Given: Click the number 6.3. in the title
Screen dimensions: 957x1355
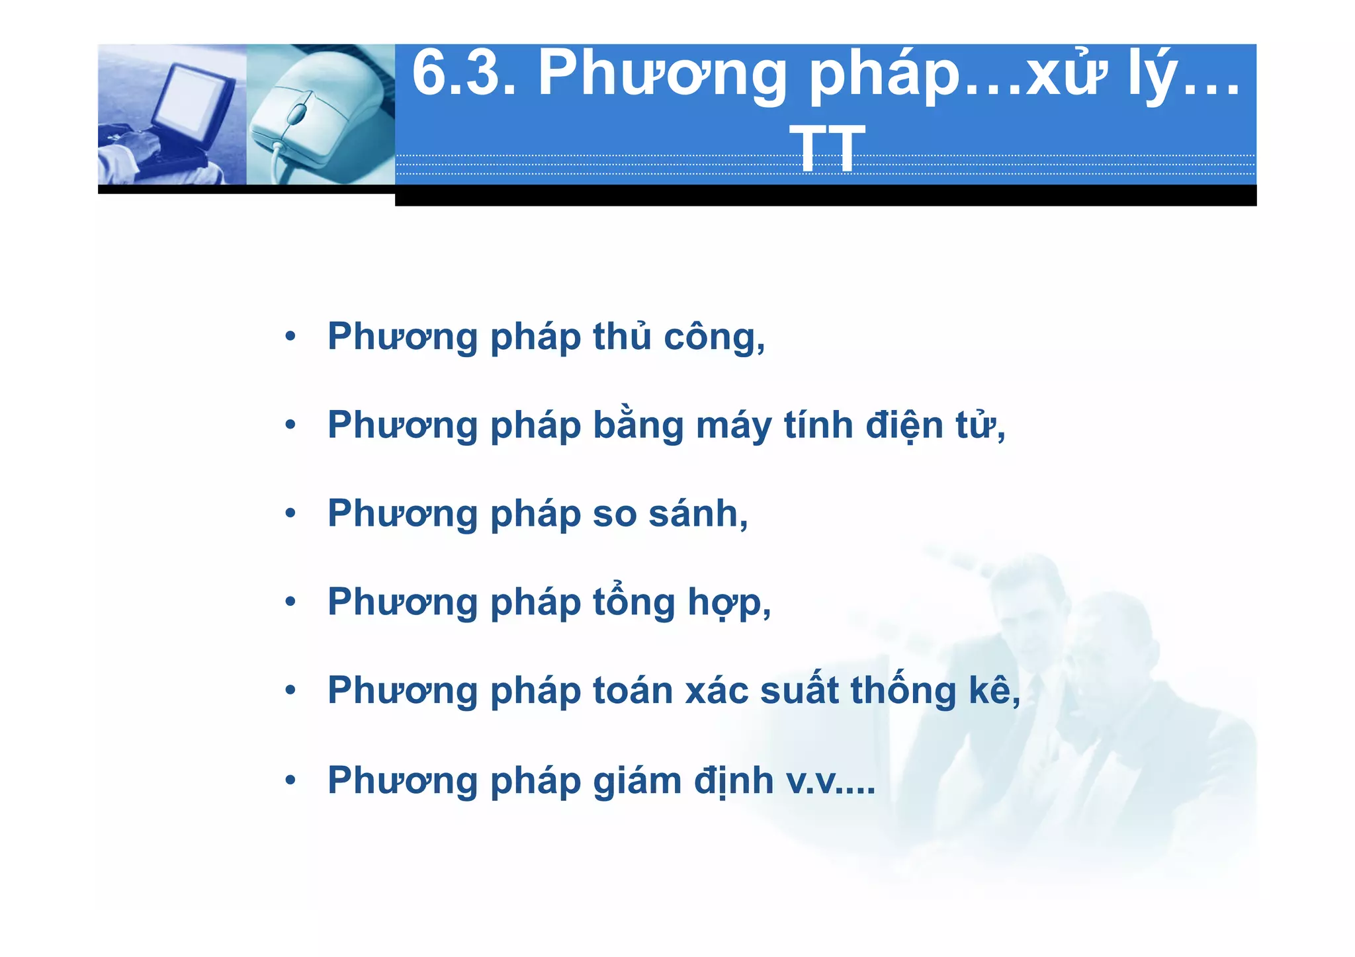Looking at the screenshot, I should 463,74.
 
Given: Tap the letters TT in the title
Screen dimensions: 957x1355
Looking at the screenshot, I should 826,149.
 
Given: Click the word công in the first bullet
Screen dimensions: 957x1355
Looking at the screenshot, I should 714,337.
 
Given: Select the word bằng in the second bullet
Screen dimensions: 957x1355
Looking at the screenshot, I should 638,425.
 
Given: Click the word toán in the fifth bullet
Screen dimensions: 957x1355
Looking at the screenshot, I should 632,690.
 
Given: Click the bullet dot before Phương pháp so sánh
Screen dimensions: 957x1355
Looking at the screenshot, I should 290,514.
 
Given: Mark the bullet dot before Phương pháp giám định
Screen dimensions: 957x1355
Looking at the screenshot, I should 290,781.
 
